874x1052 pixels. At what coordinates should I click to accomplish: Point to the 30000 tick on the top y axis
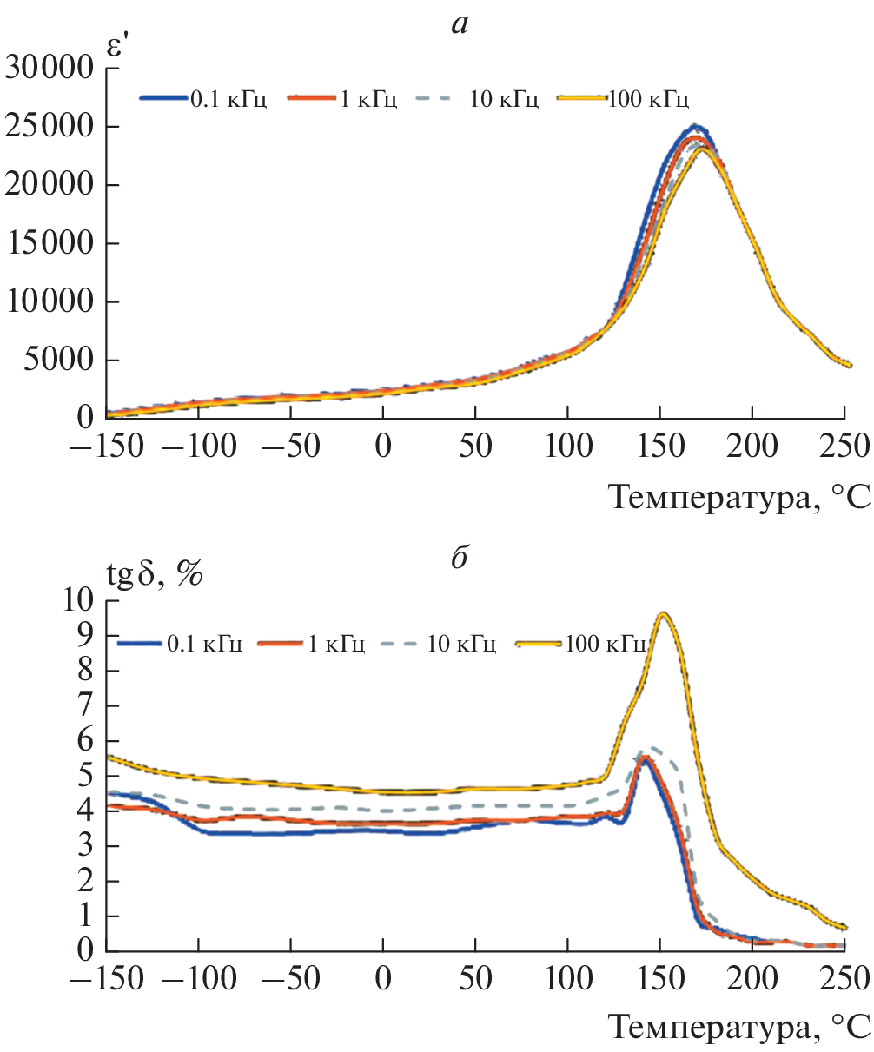(x=50, y=68)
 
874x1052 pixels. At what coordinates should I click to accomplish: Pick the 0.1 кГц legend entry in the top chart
(x=204, y=99)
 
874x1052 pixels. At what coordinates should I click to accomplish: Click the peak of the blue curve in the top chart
(x=695, y=126)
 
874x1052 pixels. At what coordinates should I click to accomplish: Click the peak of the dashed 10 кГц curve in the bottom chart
(x=649, y=746)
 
